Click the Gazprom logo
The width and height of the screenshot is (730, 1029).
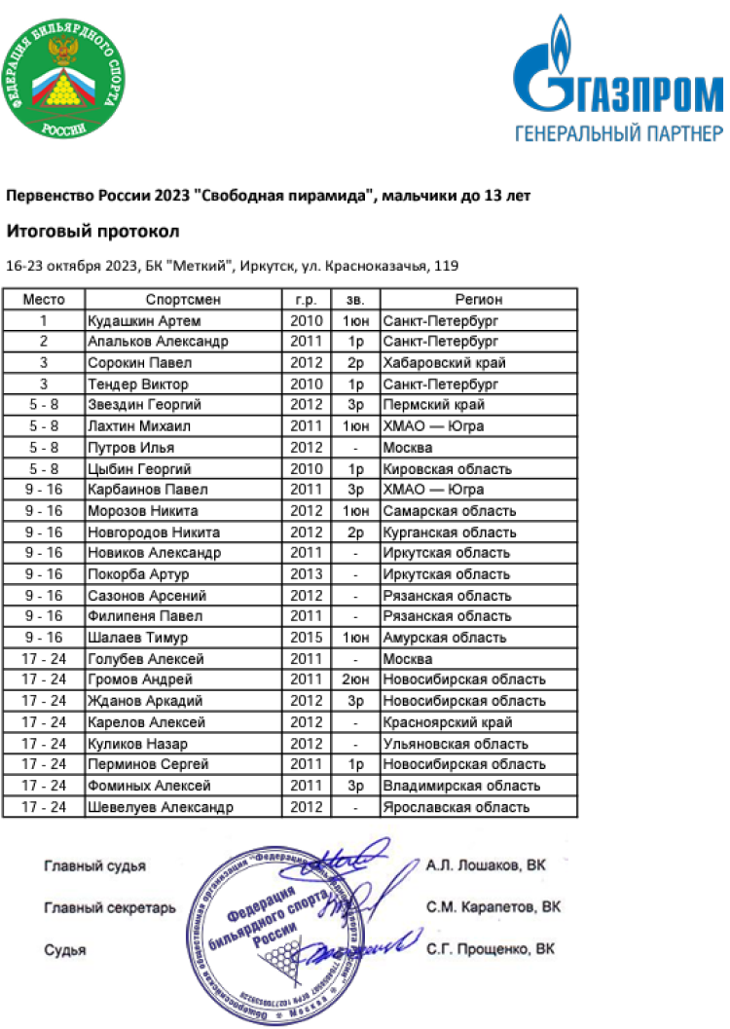[x=618, y=77]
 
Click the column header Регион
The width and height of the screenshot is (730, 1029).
[x=479, y=299]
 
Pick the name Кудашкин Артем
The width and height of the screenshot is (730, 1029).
[x=144, y=320]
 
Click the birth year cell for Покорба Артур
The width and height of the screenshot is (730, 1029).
[x=306, y=574]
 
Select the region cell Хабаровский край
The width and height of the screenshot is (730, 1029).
[x=445, y=363]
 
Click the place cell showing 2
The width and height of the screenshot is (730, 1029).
[x=44, y=342]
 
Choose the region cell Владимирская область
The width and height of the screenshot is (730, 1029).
[x=462, y=786]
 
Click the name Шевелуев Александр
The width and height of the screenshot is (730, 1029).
[x=161, y=807]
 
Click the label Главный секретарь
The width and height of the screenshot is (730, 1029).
[x=110, y=907]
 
